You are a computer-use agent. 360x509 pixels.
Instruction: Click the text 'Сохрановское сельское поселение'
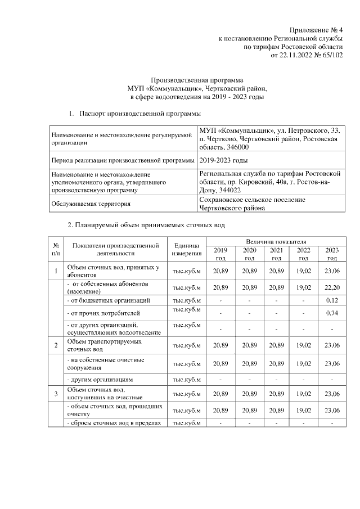(x=252, y=200)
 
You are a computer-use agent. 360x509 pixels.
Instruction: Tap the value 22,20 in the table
(x=332, y=287)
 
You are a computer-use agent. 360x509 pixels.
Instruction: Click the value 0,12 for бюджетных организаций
(x=332, y=300)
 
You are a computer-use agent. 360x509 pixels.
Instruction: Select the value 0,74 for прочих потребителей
(x=332, y=313)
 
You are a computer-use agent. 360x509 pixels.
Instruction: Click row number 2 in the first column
(x=56, y=345)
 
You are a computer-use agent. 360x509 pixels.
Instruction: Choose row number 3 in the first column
(x=56, y=393)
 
